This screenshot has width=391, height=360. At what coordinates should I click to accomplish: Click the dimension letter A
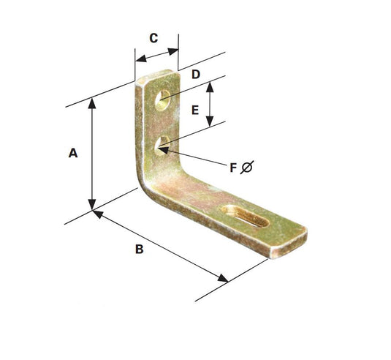(72, 153)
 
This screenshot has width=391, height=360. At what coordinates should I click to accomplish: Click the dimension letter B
(139, 249)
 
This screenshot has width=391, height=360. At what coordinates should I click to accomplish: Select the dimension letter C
(154, 39)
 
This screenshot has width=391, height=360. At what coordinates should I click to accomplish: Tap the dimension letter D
(196, 74)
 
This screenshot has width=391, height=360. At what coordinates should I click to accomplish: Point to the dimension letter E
(194, 110)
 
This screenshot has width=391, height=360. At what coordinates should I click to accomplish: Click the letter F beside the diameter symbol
(233, 168)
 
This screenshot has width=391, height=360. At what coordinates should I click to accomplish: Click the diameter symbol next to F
(248, 168)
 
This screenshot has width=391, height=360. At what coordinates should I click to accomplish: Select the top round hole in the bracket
(164, 98)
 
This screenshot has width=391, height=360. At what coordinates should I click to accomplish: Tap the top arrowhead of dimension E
(210, 86)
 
